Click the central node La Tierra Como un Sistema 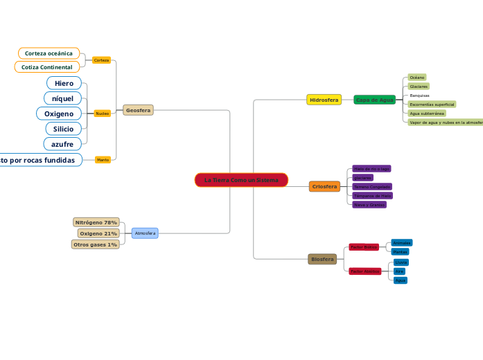(x=241, y=180)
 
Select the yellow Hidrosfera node (x=324, y=100)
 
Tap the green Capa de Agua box (x=374, y=100)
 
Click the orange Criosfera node (x=324, y=186)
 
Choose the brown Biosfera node (x=322, y=259)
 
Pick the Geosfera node (x=138, y=110)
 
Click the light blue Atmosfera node (x=145, y=233)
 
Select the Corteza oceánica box (x=49, y=53)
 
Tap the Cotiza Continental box (x=47, y=67)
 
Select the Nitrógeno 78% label (x=96, y=222)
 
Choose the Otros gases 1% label (x=95, y=244)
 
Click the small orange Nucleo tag (x=102, y=113)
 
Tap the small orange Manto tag (x=103, y=159)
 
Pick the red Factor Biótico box (x=364, y=246)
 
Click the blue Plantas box (x=401, y=252)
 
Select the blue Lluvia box (x=401, y=262)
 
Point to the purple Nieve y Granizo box (x=369, y=205)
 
